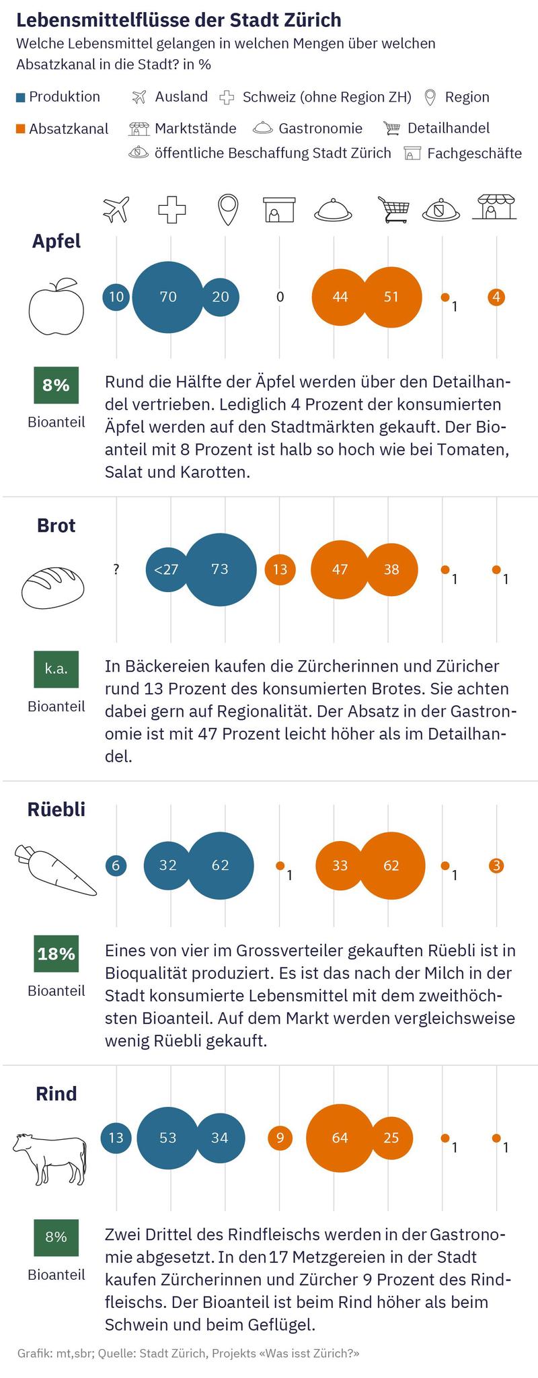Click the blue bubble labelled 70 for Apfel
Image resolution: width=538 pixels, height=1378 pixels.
click(168, 297)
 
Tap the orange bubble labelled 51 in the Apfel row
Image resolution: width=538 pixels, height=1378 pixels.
click(391, 297)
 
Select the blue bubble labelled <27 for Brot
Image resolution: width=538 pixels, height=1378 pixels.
click(165, 569)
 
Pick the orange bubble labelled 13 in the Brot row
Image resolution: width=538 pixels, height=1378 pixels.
click(280, 569)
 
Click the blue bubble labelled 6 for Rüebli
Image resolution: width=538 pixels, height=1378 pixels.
click(116, 865)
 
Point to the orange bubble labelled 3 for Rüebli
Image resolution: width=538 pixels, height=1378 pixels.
click(496, 865)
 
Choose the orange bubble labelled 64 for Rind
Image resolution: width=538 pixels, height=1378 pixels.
click(340, 1138)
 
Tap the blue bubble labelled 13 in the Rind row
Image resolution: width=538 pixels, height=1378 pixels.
click(116, 1138)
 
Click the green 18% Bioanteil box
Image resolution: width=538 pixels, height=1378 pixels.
click(56, 953)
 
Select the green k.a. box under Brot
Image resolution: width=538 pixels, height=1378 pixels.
click(56, 669)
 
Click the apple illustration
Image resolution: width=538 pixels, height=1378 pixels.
click(56, 307)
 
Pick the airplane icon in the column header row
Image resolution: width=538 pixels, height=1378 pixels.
click(116, 209)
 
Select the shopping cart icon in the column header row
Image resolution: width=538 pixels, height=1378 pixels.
click(393, 209)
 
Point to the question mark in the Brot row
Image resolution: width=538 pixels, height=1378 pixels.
click(116, 569)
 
